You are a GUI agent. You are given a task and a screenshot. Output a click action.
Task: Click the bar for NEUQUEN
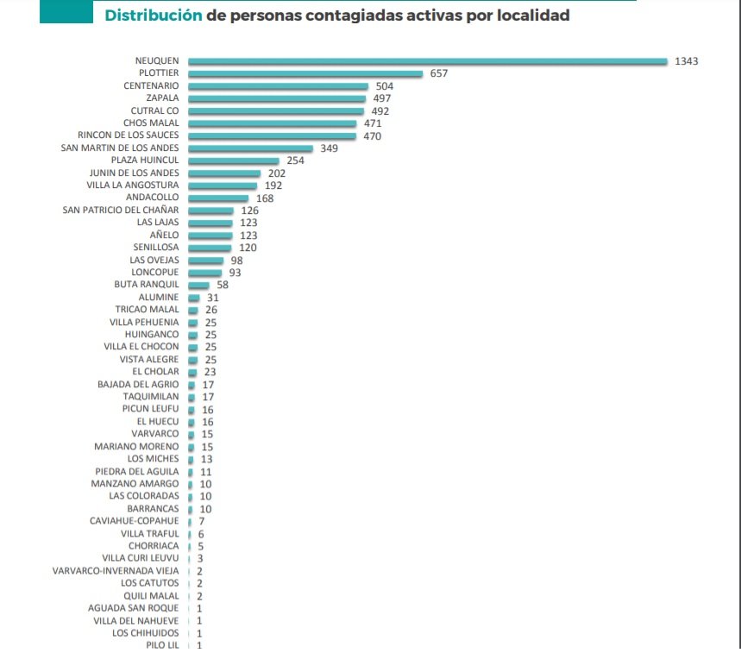click(x=427, y=61)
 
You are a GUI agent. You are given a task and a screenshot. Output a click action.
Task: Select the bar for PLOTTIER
click(x=305, y=74)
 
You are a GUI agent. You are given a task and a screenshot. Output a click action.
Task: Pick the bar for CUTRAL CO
click(x=276, y=111)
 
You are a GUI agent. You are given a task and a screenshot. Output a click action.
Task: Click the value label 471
click(x=373, y=124)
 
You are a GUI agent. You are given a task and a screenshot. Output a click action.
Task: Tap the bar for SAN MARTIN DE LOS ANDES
click(x=250, y=148)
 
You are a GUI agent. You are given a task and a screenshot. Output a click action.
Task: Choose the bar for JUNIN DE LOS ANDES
click(x=223, y=173)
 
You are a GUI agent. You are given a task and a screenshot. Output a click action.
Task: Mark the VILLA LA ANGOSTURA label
click(x=133, y=185)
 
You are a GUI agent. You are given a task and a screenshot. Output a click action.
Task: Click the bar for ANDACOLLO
click(x=217, y=198)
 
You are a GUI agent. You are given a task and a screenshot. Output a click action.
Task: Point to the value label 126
click(x=250, y=210)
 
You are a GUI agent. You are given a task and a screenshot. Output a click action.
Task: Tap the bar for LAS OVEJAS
click(x=205, y=261)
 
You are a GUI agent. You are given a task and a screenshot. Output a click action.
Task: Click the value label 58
click(x=223, y=285)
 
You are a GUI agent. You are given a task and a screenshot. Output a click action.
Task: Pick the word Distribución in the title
click(x=154, y=16)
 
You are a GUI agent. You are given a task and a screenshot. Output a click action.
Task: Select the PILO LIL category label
click(x=162, y=645)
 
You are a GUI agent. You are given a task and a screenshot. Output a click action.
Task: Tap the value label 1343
click(x=686, y=61)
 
